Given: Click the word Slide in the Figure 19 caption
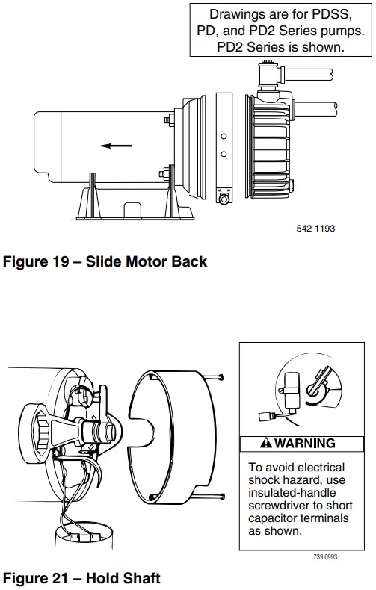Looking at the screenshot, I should pyautogui.click(x=107, y=261).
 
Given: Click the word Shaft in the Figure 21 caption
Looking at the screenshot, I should pyautogui.click(x=139, y=577).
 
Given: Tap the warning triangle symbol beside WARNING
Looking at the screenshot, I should pyautogui.click(x=265, y=444).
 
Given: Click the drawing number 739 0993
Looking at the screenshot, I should pyautogui.click(x=326, y=556).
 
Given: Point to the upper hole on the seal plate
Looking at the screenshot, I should pyautogui.click(x=223, y=137).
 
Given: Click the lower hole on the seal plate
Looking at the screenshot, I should pyautogui.click(x=223, y=155).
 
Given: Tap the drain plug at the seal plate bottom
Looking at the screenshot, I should pyautogui.click(x=223, y=199).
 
